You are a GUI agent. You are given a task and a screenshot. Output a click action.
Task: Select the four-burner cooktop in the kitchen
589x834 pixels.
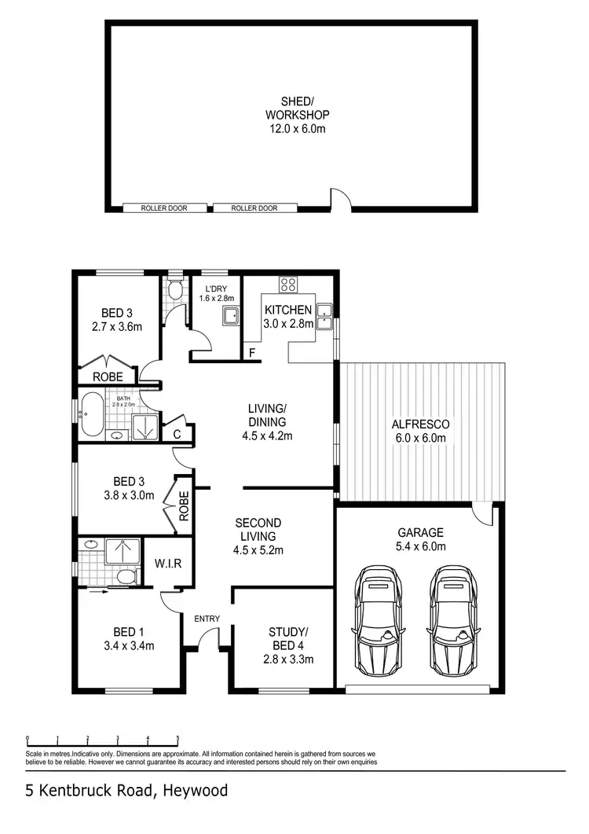(288, 286)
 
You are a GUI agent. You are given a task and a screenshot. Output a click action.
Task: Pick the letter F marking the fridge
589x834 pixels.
(252, 353)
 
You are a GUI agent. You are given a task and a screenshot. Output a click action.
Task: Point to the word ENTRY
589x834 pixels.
(207, 619)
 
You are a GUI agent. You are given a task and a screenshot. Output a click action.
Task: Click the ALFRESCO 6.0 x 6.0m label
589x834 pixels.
(420, 431)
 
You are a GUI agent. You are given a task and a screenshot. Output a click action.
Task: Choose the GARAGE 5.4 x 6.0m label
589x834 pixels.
(420, 538)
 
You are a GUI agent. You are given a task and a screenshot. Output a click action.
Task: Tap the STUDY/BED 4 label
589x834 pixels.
(289, 645)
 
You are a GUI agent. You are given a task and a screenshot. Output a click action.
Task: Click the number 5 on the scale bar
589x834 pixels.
(177, 738)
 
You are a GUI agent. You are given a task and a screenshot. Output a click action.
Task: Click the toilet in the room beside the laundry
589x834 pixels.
(177, 293)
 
